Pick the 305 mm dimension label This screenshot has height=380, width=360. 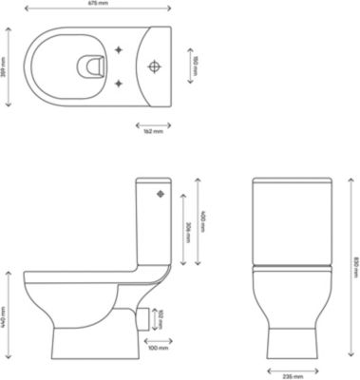pos(188,229)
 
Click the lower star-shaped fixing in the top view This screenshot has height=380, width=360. pos(119,84)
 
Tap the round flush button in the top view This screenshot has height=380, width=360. pos(156,67)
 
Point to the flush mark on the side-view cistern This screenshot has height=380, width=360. pos(160,195)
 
